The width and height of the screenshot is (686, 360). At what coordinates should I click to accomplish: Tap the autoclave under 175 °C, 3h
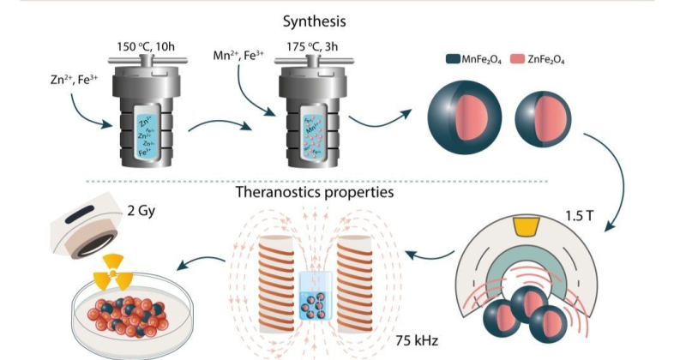point(313,111)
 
